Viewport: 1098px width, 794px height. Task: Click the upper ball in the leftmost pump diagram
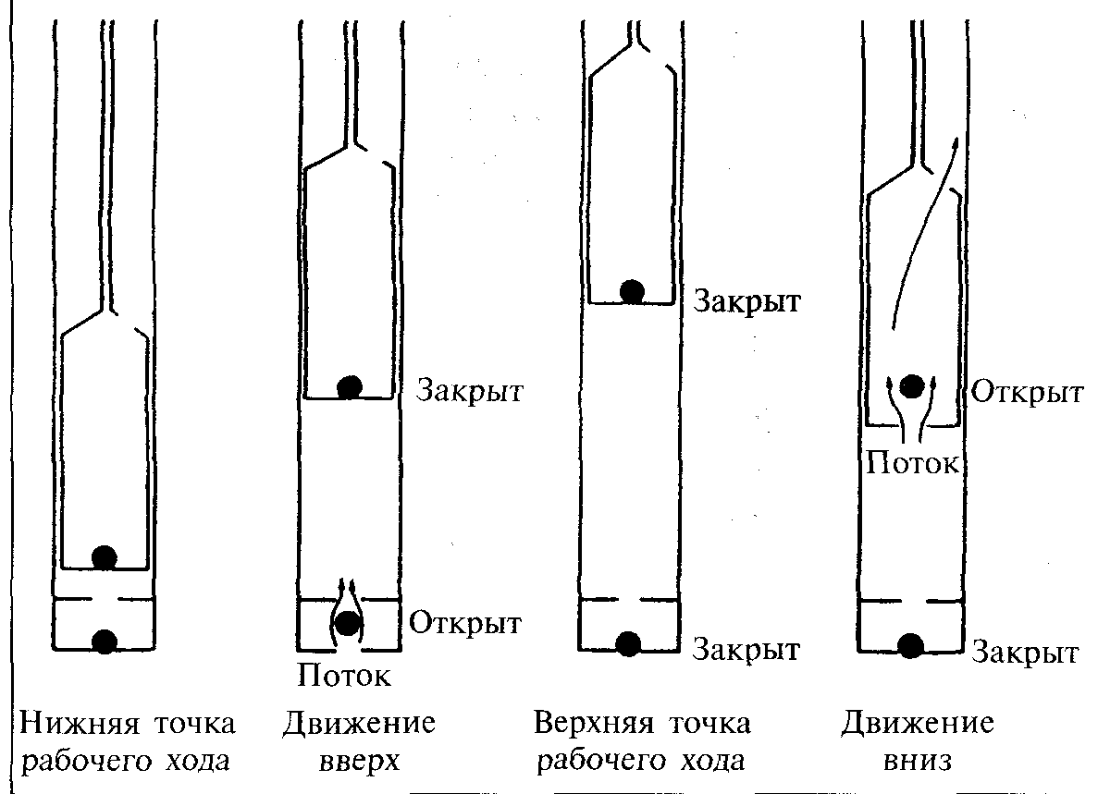[105, 557]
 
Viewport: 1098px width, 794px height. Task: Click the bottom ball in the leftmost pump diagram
[105, 641]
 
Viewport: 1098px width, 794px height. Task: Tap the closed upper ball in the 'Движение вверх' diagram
[350, 387]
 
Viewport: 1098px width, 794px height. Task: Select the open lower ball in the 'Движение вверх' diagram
[347, 623]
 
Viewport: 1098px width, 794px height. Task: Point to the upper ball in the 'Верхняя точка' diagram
[633, 292]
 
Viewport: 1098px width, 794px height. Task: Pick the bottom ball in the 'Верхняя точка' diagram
[627, 643]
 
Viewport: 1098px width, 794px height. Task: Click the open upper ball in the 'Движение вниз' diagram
[912, 385]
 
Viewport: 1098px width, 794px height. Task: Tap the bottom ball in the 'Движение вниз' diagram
[910, 646]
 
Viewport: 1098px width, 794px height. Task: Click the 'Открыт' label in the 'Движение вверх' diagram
[465, 623]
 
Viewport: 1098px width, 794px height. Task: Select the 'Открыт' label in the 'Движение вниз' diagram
[1028, 393]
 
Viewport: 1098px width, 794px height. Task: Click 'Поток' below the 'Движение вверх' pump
[344, 675]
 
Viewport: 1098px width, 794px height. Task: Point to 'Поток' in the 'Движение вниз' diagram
[912, 462]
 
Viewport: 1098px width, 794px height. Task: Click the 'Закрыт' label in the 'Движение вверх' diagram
[469, 390]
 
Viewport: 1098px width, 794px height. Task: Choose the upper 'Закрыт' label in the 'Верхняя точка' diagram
[747, 301]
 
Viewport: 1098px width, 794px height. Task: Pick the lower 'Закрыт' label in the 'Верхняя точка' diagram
[746, 650]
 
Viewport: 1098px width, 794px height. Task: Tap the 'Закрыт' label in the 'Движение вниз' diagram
[1025, 653]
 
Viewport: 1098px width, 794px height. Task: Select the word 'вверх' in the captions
[359, 761]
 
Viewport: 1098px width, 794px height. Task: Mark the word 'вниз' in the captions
[918, 761]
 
